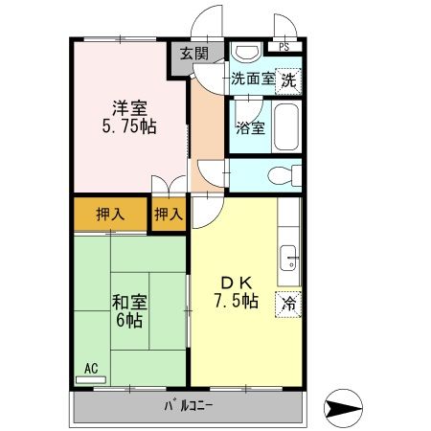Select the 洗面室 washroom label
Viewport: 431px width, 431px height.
(252, 80)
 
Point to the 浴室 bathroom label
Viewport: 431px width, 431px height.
(250, 127)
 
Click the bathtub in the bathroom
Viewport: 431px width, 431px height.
(287, 126)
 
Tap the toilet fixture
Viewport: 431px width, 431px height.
(282, 174)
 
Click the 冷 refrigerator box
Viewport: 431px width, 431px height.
(288, 305)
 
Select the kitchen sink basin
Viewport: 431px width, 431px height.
(289, 256)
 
